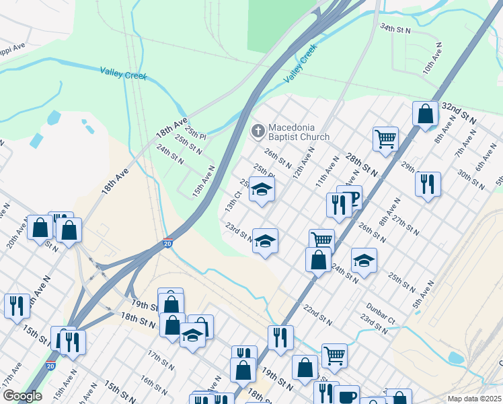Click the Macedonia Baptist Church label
[x=299, y=132]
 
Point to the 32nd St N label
[x=459, y=112]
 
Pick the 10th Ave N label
[x=432, y=59]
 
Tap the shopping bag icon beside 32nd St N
[x=426, y=114]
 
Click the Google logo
[x=22, y=396]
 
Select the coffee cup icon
[x=348, y=396]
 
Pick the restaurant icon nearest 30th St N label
[x=427, y=184]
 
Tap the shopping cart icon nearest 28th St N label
[x=385, y=139]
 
